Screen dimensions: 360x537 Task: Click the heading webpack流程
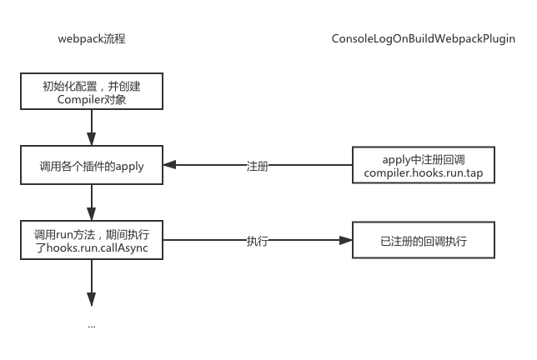tap(92, 39)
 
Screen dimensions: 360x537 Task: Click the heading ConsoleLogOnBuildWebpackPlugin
tap(423, 39)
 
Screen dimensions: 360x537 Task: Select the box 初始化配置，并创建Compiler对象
tap(92, 92)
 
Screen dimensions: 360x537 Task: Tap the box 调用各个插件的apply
tap(92, 166)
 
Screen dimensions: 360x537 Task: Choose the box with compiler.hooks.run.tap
tap(423, 166)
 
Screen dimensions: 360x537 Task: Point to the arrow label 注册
tap(258, 166)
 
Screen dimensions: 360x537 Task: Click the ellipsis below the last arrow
tap(92, 327)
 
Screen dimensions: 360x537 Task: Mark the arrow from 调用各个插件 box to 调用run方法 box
tap(92, 202)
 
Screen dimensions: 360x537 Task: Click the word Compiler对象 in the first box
tap(92, 100)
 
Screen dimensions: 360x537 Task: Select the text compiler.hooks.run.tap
tap(423, 172)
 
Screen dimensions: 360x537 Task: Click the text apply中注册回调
tap(423, 158)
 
